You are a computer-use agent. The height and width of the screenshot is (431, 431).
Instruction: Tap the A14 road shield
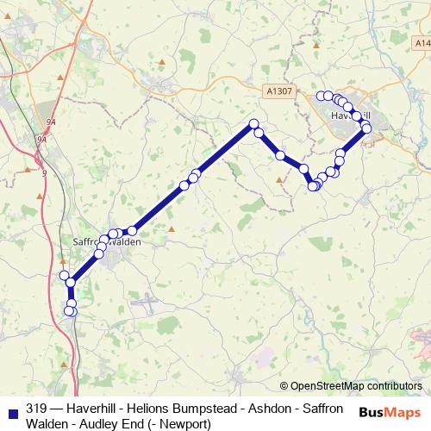[x=422, y=42]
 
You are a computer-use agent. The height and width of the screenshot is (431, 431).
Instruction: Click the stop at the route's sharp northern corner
[x=254, y=123]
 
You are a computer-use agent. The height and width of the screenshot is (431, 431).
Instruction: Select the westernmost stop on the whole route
[x=63, y=275]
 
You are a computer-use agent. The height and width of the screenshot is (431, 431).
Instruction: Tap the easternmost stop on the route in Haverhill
[x=366, y=128]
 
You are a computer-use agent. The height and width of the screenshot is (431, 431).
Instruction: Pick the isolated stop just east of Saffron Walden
[x=132, y=230]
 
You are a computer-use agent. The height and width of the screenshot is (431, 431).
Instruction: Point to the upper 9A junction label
[x=52, y=122]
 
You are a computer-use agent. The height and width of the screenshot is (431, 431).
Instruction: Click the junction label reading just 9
[x=43, y=172]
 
